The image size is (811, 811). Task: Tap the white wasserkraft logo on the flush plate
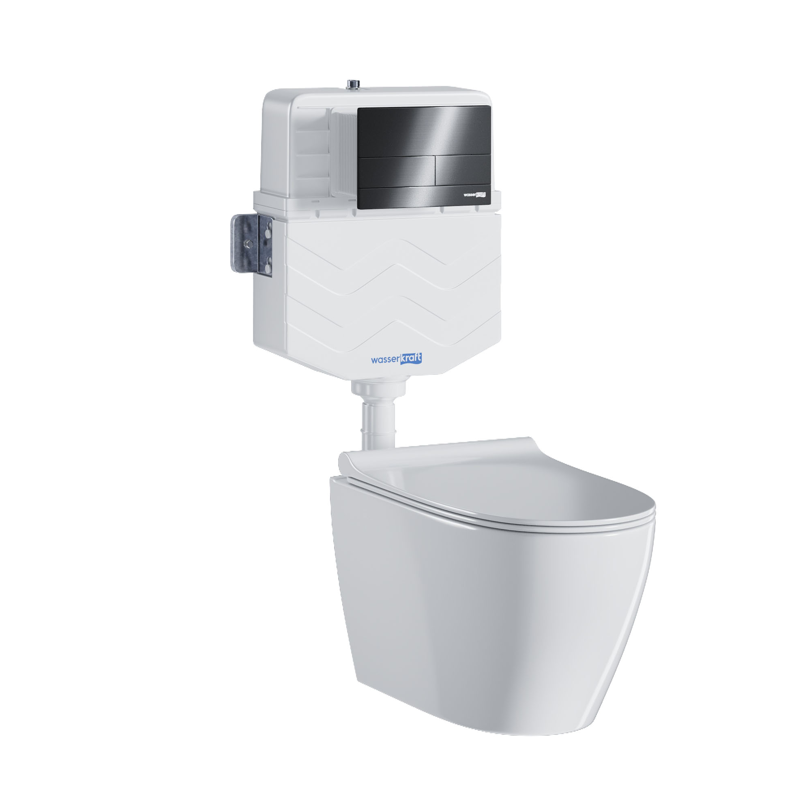point(474,194)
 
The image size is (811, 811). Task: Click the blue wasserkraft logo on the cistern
point(396,359)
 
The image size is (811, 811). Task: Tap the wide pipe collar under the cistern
point(378,386)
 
